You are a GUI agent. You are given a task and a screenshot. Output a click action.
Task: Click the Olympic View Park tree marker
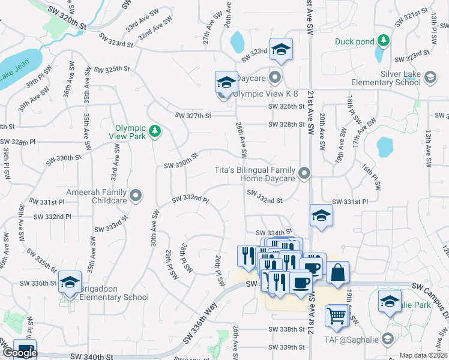pyautogui.click(x=155, y=131)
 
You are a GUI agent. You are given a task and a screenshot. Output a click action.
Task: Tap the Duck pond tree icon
pyautogui.click(x=383, y=41)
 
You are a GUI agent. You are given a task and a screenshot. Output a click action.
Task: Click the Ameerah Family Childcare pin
pyautogui.click(x=136, y=195)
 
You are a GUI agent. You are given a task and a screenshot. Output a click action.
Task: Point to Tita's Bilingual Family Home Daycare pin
pyautogui.click(x=305, y=174)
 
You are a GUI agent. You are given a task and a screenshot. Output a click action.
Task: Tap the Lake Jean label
pyautogui.click(x=14, y=74)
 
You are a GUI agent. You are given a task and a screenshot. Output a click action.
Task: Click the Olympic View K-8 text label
pyautogui.click(x=265, y=94)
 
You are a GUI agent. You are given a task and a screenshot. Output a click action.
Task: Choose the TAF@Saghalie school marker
pyautogui.click(x=388, y=340)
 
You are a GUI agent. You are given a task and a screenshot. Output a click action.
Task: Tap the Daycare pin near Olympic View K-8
pyautogui.click(x=275, y=77)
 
